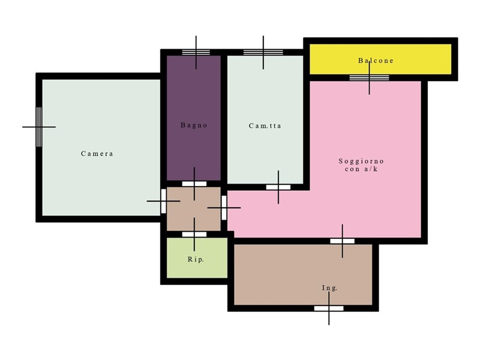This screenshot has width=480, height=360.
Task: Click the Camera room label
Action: pyautogui.click(x=97, y=154)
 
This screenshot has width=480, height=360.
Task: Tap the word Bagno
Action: pyautogui.click(x=194, y=125)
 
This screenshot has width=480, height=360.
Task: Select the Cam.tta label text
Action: pyautogui.click(x=265, y=126)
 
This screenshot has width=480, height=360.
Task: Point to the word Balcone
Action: pyautogui.click(x=376, y=61)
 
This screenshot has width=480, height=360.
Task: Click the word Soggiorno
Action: pyautogui.click(x=361, y=161)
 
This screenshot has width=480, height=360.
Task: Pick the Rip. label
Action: pyautogui.click(x=196, y=259)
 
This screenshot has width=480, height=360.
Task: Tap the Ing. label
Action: pyautogui.click(x=329, y=288)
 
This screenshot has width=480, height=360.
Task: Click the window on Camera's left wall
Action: pyautogui.click(x=39, y=127)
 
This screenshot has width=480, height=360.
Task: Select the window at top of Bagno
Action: pyautogui.click(x=196, y=52)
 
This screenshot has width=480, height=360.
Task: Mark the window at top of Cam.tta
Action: pyautogui.click(x=263, y=52)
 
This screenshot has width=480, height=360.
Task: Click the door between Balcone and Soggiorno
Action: pyautogui.click(x=369, y=78)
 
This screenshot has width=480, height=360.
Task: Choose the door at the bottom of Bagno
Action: pyautogui.click(x=194, y=184)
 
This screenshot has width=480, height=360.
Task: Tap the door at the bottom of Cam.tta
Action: pyautogui.click(x=278, y=187)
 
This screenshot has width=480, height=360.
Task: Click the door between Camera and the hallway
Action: pyautogui.click(x=163, y=201)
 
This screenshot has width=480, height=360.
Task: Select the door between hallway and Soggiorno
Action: pyautogui.click(x=224, y=208)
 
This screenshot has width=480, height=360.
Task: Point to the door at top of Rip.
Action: pyautogui.click(x=194, y=235)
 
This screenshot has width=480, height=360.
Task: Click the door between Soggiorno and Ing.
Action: pyautogui.click(x=342, y=241)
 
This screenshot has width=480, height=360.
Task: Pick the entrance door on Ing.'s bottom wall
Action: pyautogui.click(x=329, y=308)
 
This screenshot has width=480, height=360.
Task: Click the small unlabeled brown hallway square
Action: pyautogui.click(x=194, y=209)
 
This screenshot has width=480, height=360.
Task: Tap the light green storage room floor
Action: pyautogui.click(x=197, y=258)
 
